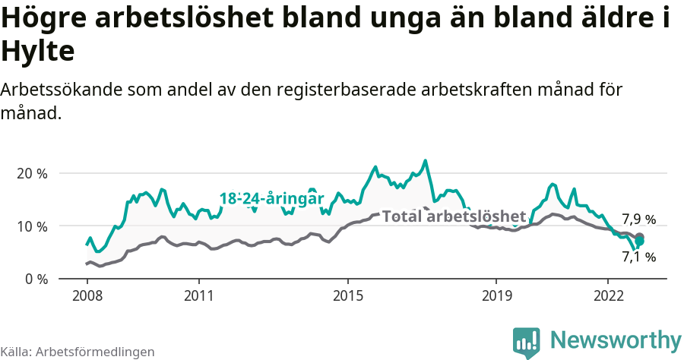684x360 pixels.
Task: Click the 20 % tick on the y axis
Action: click(x=31, y=173)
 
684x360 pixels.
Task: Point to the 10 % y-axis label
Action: click(x=31, y=226)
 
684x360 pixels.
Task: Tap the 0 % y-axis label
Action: click(x=35, y=279)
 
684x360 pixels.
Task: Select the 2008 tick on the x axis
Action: click(x=87, y=295)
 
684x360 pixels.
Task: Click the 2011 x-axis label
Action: click(x=198, y=295)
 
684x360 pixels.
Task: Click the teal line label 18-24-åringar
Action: click(x=271, y=199)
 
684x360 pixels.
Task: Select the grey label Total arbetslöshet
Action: click(x=454, y=216)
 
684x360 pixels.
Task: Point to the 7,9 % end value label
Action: click(x=638, y=220)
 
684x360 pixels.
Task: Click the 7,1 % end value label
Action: click(x=638, y=257)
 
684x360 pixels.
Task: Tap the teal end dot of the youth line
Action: click(x=639, y=242)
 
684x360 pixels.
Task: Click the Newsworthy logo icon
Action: click(x=527, y=342)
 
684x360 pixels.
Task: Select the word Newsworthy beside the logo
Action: click(x=616, y=340)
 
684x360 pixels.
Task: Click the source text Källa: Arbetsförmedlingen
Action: click(x=78, y=352)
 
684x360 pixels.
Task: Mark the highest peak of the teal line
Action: click(x=426, y=160)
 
